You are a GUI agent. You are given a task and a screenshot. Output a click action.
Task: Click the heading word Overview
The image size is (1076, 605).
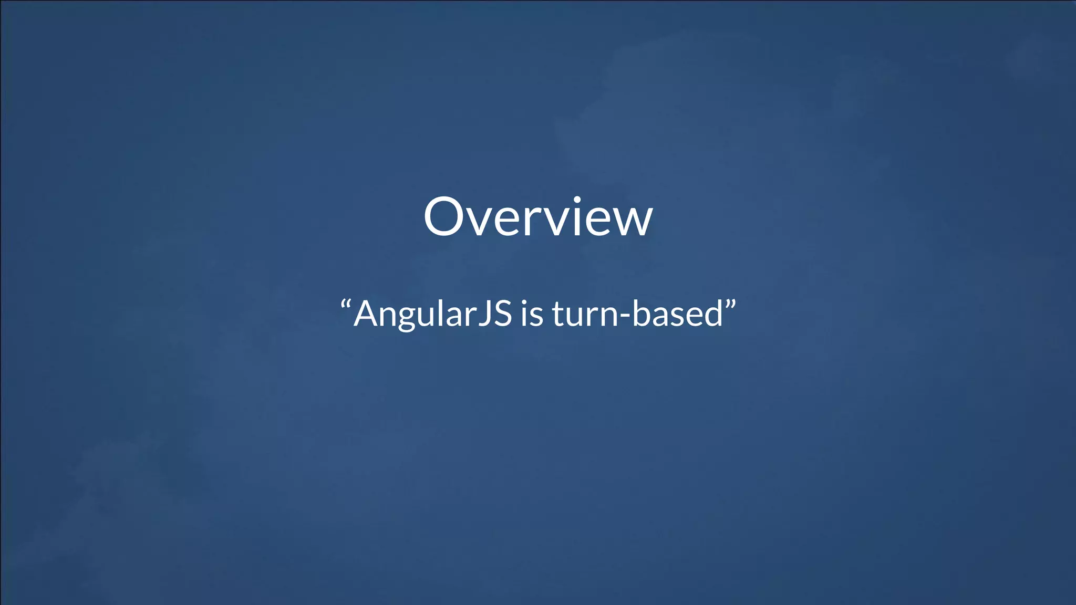(x=538, y=217)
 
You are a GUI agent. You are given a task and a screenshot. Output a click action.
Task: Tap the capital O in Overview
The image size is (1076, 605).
(x=446, y=217)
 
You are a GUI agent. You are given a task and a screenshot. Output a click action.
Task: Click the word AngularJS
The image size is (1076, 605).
(x=432, y=314)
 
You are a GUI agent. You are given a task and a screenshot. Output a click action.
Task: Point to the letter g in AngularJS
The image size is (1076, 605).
(x=411, y=318)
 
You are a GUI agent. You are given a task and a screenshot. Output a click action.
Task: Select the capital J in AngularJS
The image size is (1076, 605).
(x=484, y=315)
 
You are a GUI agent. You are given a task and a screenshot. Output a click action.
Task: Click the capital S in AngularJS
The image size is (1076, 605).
(x=502, y=314)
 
